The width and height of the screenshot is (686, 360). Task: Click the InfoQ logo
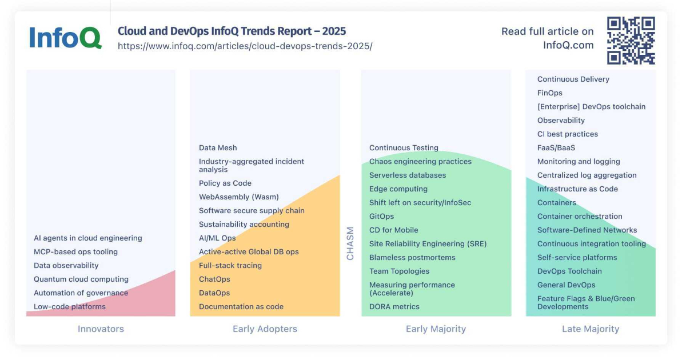[x=65, y=38]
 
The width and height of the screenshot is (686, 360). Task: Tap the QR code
[x=631, y=40]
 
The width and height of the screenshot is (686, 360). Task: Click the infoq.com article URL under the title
[x=245, y=46]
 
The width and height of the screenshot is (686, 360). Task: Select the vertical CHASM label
[x=350, y=243]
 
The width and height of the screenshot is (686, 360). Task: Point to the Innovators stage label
[x=101, y=329]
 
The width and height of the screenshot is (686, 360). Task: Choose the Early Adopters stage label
[x=265, y=329]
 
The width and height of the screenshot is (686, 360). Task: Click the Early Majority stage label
[x=436, y=329]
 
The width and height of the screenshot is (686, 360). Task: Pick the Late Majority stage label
[x=591, y=329]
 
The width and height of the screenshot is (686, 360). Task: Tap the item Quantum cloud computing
[x=81, y=279]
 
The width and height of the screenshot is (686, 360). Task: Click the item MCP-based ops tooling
[x=75, y=252]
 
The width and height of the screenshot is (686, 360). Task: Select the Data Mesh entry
[x=218, y=148]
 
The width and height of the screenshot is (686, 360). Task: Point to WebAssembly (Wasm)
[x=239, y=197]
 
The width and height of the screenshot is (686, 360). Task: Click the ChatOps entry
[x=214, y=279]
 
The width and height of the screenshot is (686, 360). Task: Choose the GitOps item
[x=381, y=217]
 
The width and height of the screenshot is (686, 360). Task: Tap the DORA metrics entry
[x=394, y=307]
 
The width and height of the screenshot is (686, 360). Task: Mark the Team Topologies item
[x=399, y=271]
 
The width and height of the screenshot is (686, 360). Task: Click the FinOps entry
[x=550, y=93]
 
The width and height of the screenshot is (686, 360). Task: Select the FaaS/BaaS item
[x=556, y=148]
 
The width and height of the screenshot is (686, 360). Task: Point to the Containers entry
[x=557, y=203]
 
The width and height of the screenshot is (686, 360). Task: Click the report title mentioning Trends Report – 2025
[x=232, y=31]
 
